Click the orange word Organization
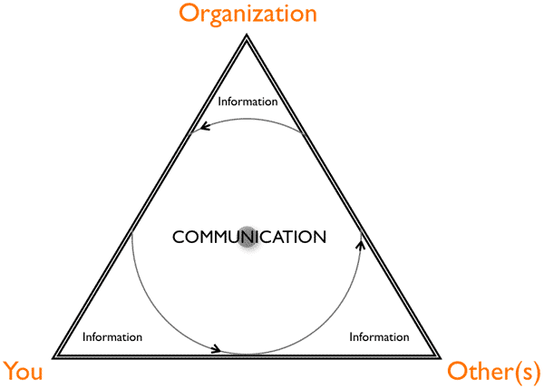(x=247, y=15)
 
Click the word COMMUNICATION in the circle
(x=248, y=238)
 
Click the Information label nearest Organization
(x=248, y=102)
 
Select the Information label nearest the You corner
(x=112, y=337)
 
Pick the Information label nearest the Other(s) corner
(x=379, y=337)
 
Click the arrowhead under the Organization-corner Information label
(x=206, y=127)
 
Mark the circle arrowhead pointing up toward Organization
(x=361, y=243)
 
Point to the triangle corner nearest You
(x=55, y=355)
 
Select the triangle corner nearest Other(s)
(x=440, y=355)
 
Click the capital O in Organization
(x=188, y=15)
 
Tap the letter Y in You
(x=10, y=370)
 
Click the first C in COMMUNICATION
(x=179, y=238)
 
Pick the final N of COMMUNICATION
(x=318, y=238)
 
